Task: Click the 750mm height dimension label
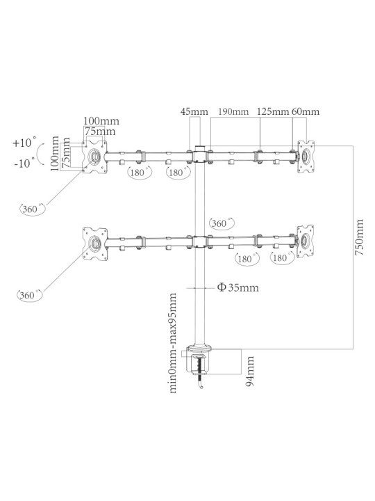360,237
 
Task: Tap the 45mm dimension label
194,111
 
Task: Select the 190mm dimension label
233,111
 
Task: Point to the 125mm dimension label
273,111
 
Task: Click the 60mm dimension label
305,111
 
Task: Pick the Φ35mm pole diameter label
238,287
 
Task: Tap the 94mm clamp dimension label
250,372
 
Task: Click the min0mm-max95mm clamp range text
172,343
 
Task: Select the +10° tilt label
24,143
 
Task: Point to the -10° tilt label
24,164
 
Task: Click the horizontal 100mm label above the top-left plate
101,121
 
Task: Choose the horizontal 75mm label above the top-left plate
100,132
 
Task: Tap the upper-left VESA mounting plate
94,157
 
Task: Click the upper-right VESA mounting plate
306,157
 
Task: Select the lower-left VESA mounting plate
94,243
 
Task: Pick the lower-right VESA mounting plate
306,241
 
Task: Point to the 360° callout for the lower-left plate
29,295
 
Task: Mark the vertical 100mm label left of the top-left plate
55,154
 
